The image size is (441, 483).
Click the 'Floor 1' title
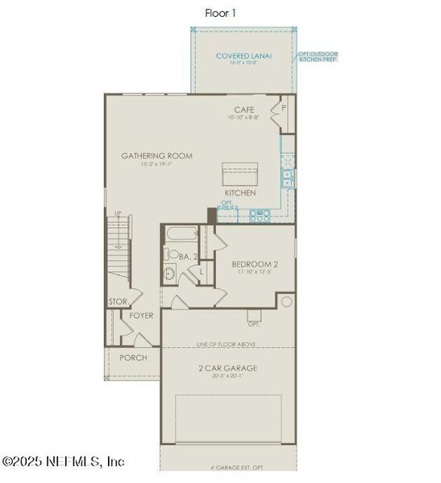point(220,12)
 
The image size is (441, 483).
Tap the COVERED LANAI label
point(243,56)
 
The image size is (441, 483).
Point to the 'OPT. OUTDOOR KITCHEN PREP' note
point(318,58)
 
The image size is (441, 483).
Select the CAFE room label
point(244,109)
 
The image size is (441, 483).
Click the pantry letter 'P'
point(284,106)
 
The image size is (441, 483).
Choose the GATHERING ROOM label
point(156,155)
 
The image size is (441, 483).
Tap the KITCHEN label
point(240,193)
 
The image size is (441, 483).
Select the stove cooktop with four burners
point(260,215)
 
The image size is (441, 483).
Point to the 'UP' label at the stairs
point(118,213)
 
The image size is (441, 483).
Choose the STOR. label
point(117,303)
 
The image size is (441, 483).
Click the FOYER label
point(141,316)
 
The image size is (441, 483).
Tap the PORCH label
point(133,357)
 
